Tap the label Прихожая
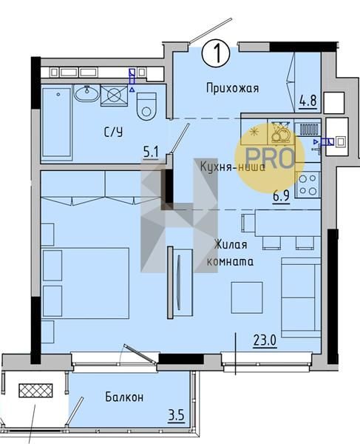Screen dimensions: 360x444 click(232, 88)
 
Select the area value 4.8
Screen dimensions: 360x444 click(308, 101)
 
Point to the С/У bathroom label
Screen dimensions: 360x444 click(114, 132)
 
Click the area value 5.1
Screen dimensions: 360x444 click(151, 153)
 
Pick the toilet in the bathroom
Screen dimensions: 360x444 click(146, 107)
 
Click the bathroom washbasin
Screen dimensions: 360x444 click(86, 93)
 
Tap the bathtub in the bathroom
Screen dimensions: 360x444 click(57, 122)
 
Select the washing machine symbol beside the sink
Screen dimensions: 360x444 click(114, 95)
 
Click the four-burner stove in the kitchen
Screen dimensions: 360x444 click(308, 185)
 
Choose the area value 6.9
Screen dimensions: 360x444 click(281, 195)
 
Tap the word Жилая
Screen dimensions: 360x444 click(231, 244)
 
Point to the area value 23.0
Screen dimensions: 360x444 click(265, 340)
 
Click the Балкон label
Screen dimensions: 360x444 click(124, 397)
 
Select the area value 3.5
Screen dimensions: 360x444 click(177, 416)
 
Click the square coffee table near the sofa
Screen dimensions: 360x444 click(247, 297)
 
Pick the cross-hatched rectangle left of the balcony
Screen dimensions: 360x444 click(35, 391)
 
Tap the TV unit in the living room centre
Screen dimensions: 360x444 click(180, 283)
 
